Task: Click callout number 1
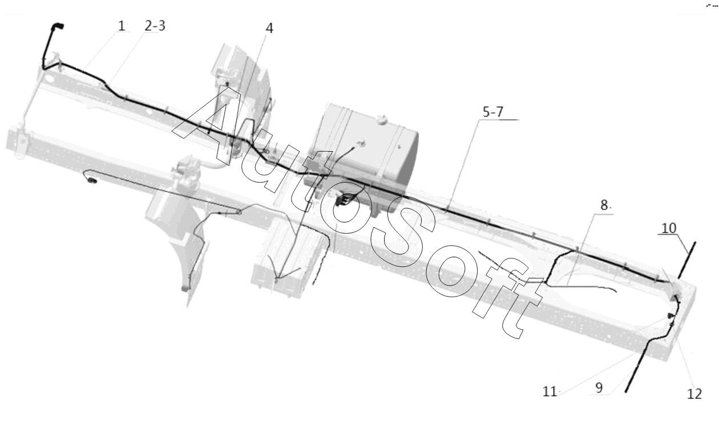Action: coord(122,26)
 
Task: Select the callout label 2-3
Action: coord(155,26)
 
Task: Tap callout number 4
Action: coord(269,29)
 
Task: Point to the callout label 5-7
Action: coord(493,112)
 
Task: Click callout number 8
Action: coord(604,205)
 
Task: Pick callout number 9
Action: coord(599,388)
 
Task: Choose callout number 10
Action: coord(669,228)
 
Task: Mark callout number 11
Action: coord(550,391)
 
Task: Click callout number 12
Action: coord(694,394)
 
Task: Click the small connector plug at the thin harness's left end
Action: coord(92,182)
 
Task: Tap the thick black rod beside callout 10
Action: coord(687,260)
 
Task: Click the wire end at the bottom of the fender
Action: coord(185,289)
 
